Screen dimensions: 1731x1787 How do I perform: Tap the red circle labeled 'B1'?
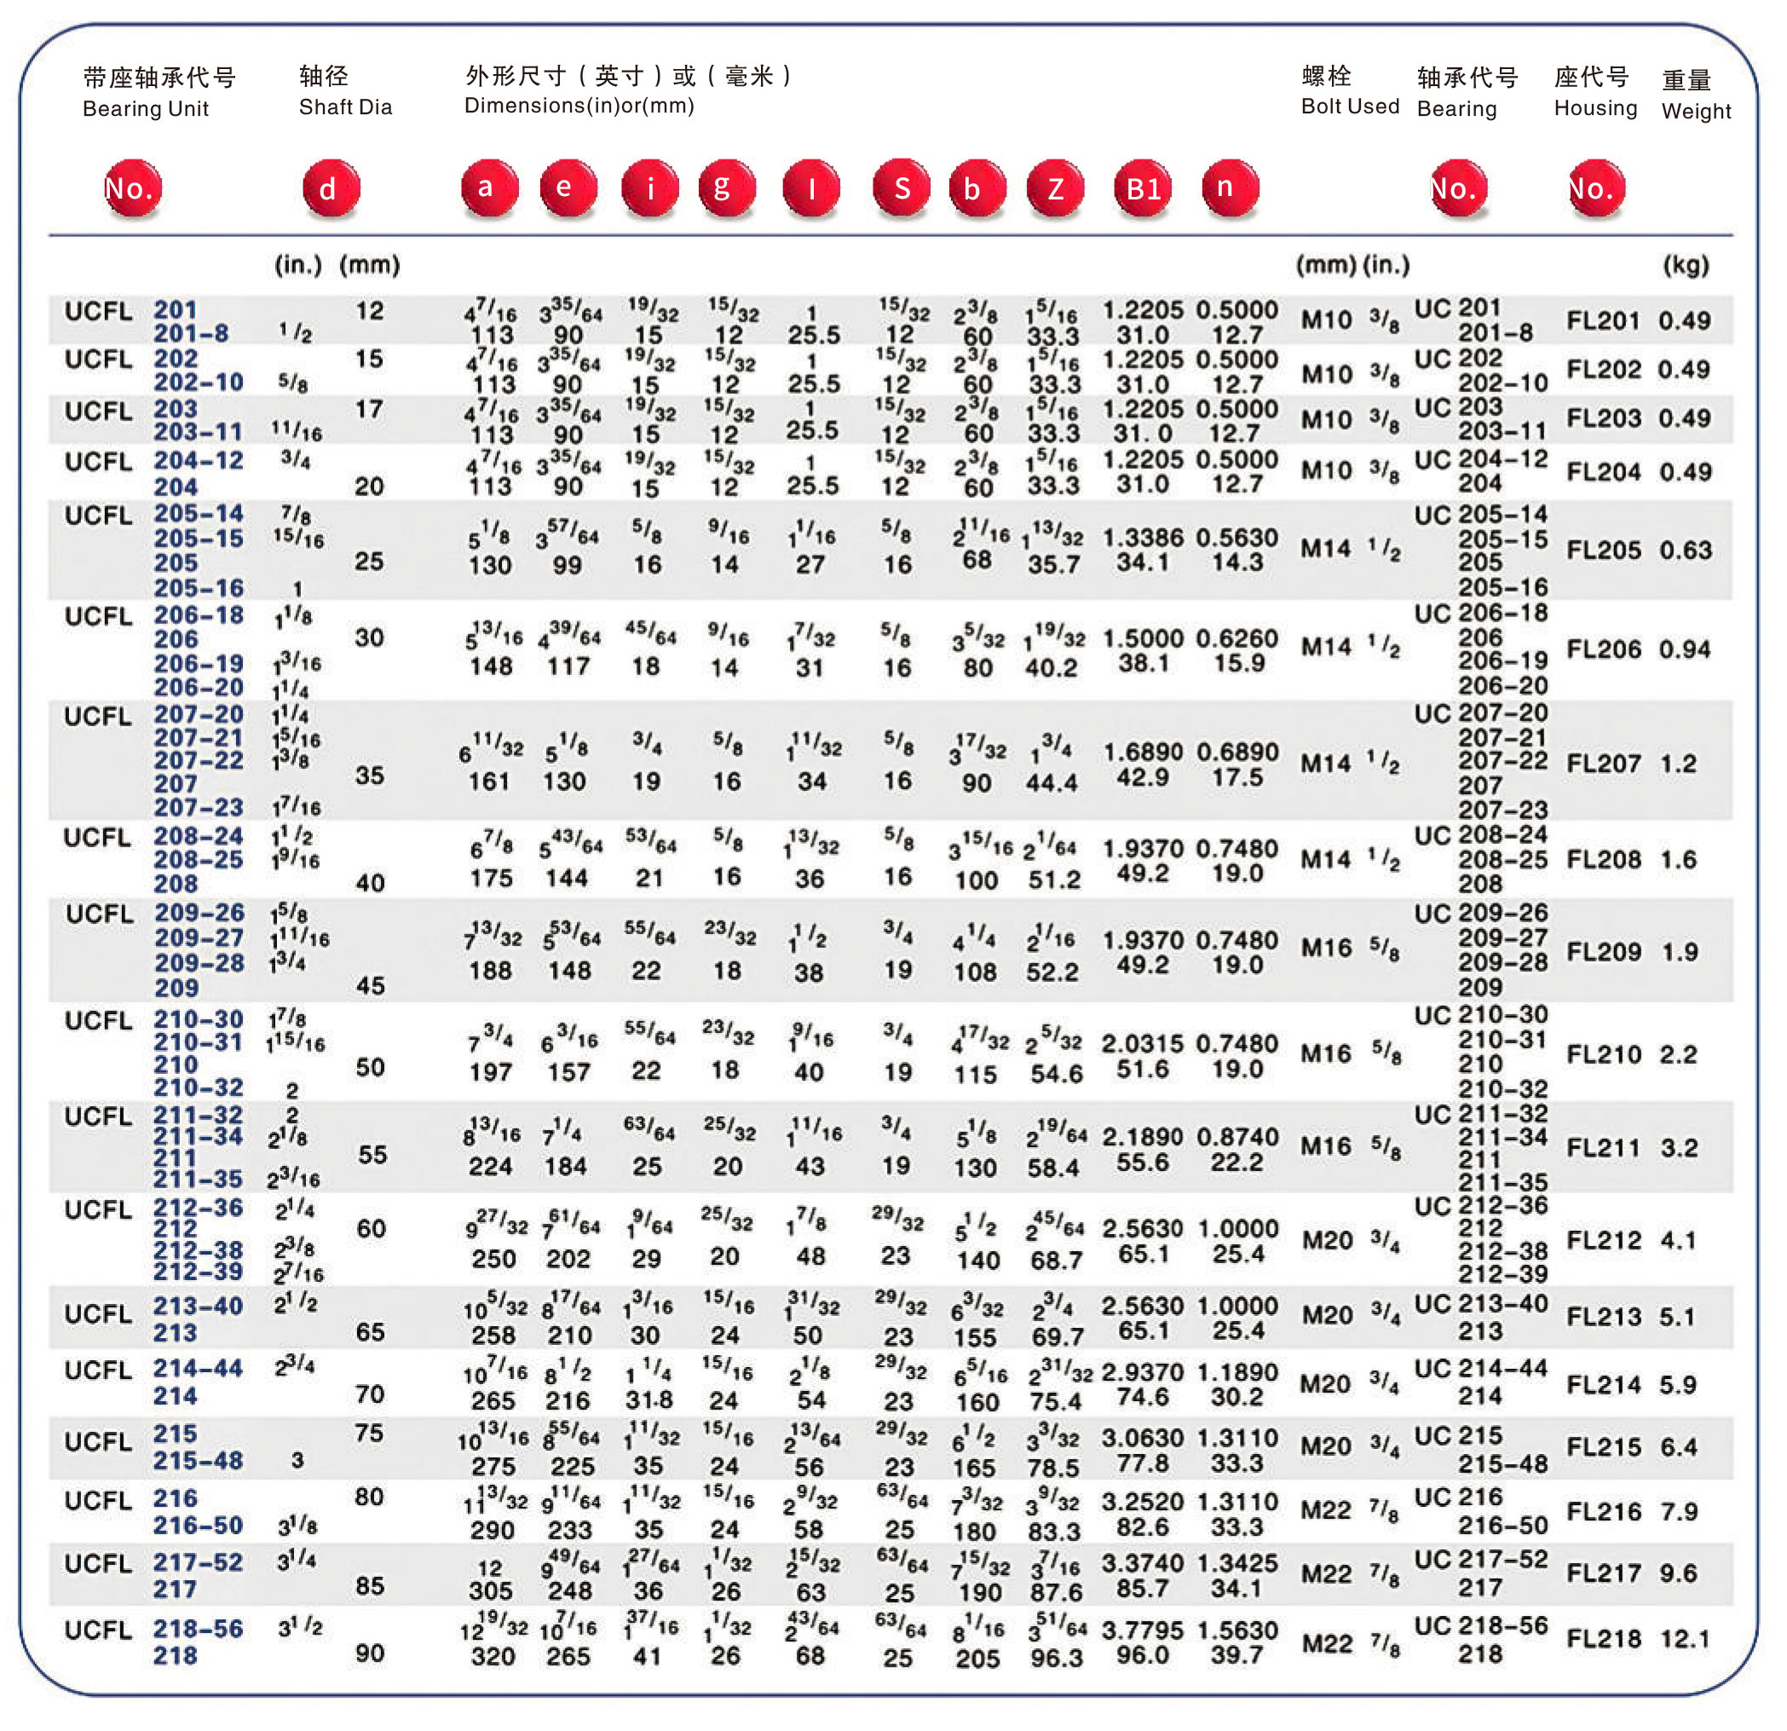tap(1143, 188)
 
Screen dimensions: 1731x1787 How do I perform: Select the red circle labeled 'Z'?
tap(1055, 188)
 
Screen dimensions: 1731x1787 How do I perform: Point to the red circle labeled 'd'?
tap(331, 188)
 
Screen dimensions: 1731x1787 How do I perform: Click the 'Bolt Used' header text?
tap(1349, 106)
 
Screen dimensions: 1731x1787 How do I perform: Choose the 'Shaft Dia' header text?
tap(344, 107)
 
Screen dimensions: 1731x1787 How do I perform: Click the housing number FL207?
tap(1603, 764)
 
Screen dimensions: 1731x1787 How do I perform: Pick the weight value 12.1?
tap(1684, 1639)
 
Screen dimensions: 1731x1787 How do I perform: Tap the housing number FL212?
tap(1603, 1240)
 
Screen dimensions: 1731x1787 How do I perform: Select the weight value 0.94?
tap(1684, 649)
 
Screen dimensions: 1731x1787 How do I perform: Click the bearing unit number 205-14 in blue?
tap(198, 513)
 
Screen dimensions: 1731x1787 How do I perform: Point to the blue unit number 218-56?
tap(198, 1629)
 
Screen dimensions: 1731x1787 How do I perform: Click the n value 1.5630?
tap(1236, 1630)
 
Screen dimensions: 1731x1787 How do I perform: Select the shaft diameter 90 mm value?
tap(369, 1653)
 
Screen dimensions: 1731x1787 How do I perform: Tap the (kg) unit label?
tap(1686, 265)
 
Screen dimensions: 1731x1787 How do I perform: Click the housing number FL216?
tap(1603, 1511)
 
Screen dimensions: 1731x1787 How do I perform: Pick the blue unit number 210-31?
tap(198, 1042)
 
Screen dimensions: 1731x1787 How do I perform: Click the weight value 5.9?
tap(1678, 1384)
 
